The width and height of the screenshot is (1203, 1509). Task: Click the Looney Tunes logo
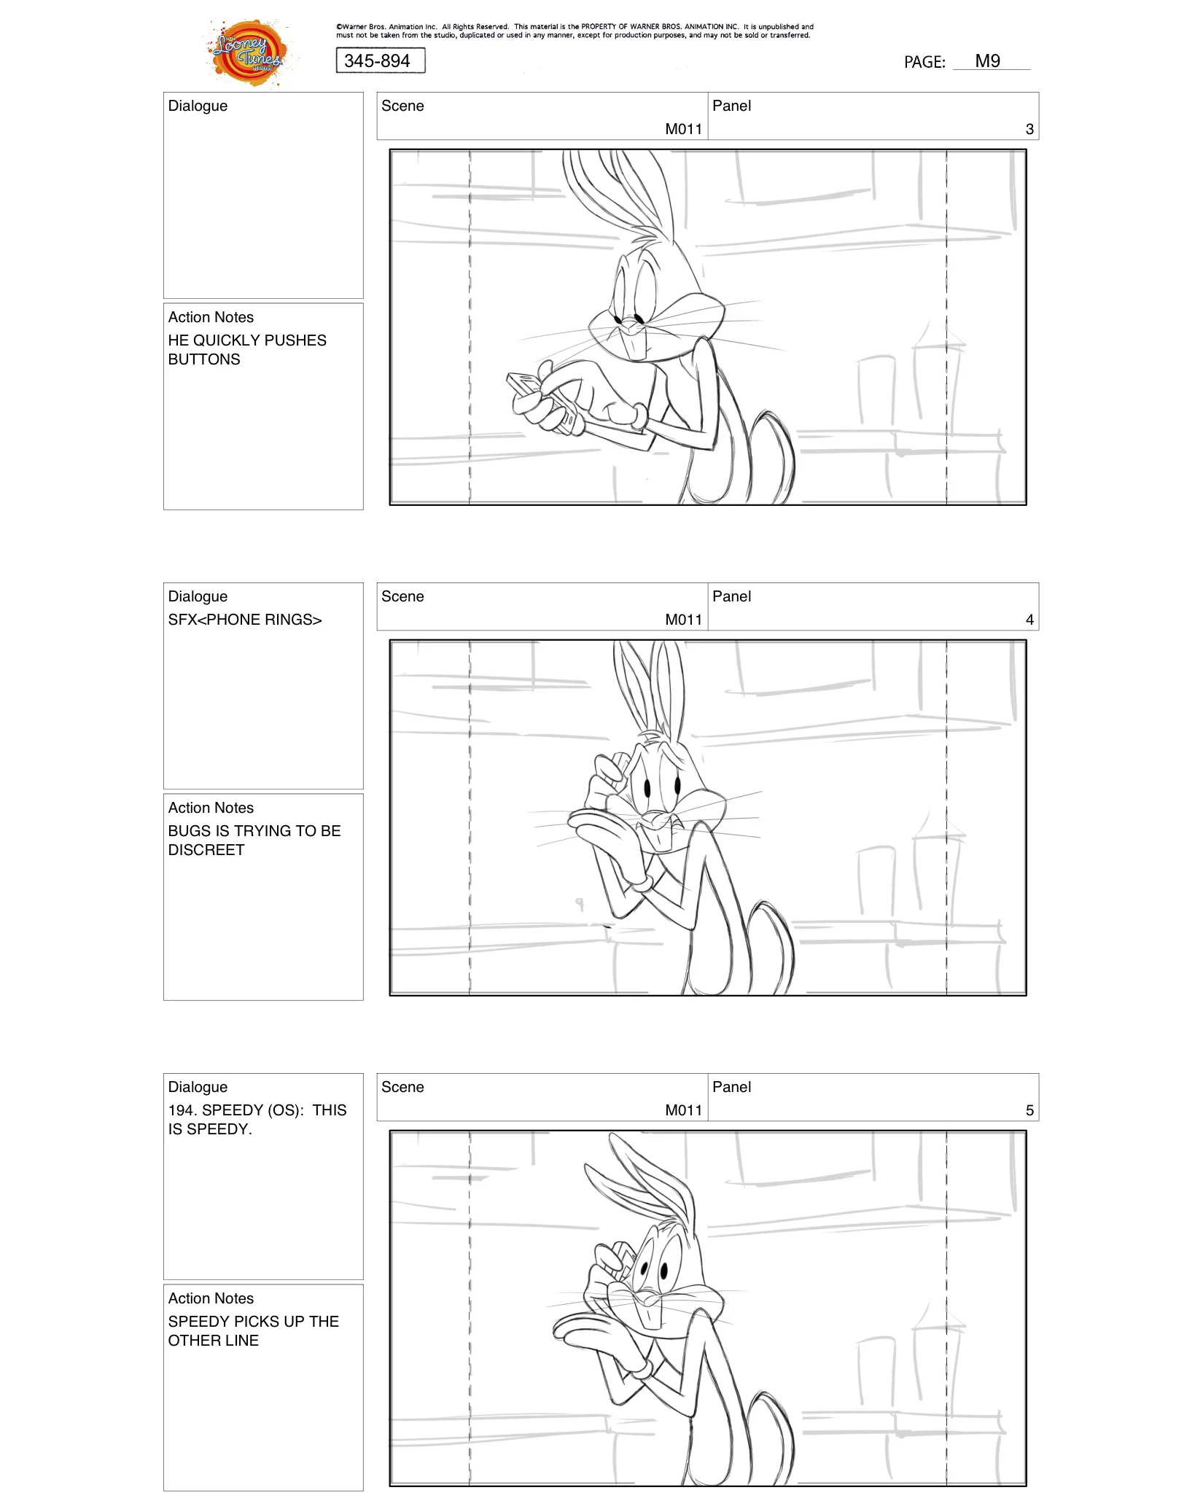click(248, 52)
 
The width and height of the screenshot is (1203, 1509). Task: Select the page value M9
click(987, 61)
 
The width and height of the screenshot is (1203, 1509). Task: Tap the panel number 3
click(1029, 129)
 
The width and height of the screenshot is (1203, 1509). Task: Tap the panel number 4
click(1029, 620)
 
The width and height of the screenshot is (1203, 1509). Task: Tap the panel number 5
click(1029, 1110)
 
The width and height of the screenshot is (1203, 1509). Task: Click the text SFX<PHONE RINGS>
click(244, 620)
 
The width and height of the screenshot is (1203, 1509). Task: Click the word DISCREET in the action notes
click(206, 850)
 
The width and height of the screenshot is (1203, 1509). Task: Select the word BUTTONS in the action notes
click(204, 359)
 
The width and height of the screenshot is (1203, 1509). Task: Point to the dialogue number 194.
click(182, 1110)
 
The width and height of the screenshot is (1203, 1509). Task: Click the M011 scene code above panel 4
click(683, 620)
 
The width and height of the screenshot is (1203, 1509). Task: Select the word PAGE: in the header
click(924, 63)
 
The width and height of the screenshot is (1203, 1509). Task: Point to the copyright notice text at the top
click(574, 31)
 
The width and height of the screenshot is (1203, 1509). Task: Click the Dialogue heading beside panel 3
click(198, 106)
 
